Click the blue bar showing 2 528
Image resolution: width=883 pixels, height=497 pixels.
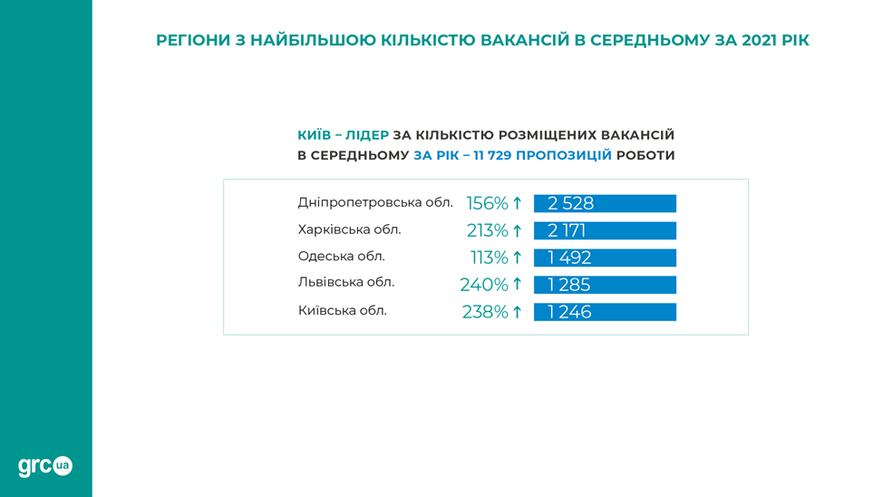(x=605, y=203)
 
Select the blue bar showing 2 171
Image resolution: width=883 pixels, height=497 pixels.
(x=605, y=230)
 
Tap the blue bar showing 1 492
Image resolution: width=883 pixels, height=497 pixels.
(x=605, y=258)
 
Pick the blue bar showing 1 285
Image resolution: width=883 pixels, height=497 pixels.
(x=605, y=285)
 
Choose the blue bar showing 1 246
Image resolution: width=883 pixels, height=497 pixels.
(x=605, y=312)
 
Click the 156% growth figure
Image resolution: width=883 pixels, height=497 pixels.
(x=487, y=203)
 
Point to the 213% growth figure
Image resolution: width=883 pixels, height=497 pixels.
(x=487, y=230)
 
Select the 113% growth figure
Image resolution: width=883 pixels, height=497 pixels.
(x=490, y=258)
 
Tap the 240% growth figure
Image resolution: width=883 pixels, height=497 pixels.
(x=484, y=285)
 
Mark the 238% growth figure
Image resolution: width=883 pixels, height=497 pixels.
(x=485, y=312)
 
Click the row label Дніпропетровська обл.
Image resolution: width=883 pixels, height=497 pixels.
(x=375, y=202)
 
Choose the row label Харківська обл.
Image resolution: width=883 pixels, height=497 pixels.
(x=349, y=229)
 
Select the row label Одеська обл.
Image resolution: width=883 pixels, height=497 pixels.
(x=341, y=257)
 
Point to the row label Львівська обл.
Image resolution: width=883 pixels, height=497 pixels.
(x=345, y=282)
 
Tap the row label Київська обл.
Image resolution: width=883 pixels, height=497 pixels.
(x=343, y=310)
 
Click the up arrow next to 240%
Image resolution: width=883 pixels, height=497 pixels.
(x=517, y=285)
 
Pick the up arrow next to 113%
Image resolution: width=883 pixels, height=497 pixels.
(x=517, y=258)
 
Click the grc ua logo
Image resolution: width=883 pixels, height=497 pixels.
(x=45, y=466)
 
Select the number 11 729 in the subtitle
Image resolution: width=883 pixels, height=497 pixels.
(x=492, y=155)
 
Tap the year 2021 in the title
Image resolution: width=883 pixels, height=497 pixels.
(x=760, y=41)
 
